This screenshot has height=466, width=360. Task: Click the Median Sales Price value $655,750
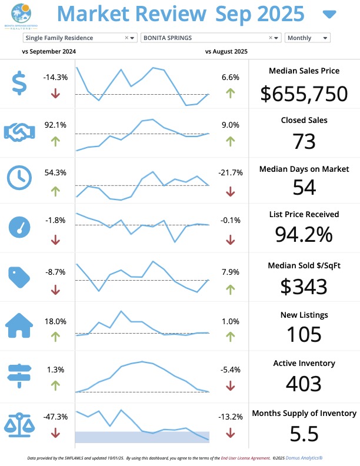click(x=304, y=94)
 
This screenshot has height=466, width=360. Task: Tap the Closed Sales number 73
click(x=304, y=141)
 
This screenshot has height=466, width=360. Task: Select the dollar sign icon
click(x=20, y=84)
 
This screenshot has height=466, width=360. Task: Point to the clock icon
click(x=20, y=177)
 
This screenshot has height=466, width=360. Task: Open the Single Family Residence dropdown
click(x=80, y=38)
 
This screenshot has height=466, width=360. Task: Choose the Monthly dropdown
click(x=307, y=38)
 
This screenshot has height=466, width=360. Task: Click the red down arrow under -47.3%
click(x=55, y=432)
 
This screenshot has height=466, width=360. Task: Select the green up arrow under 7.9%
click(x=230, y=289)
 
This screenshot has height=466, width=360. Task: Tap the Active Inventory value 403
click(x=304, y=384)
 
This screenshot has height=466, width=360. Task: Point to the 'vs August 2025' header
click(x=226, y=51)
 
